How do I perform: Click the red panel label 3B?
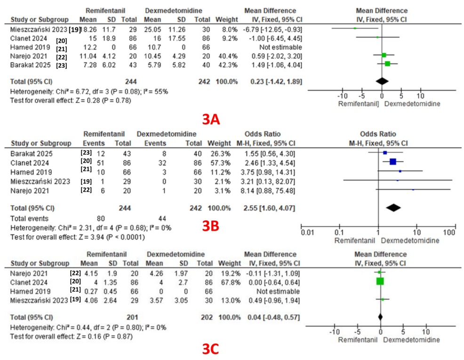211,226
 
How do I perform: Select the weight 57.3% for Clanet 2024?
223,163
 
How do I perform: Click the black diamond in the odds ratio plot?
393,208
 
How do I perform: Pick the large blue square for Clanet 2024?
393,162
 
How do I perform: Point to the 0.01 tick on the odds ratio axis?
307,232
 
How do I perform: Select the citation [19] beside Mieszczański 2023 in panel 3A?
74,30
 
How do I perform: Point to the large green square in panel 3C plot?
380,281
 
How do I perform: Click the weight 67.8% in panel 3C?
223,281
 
